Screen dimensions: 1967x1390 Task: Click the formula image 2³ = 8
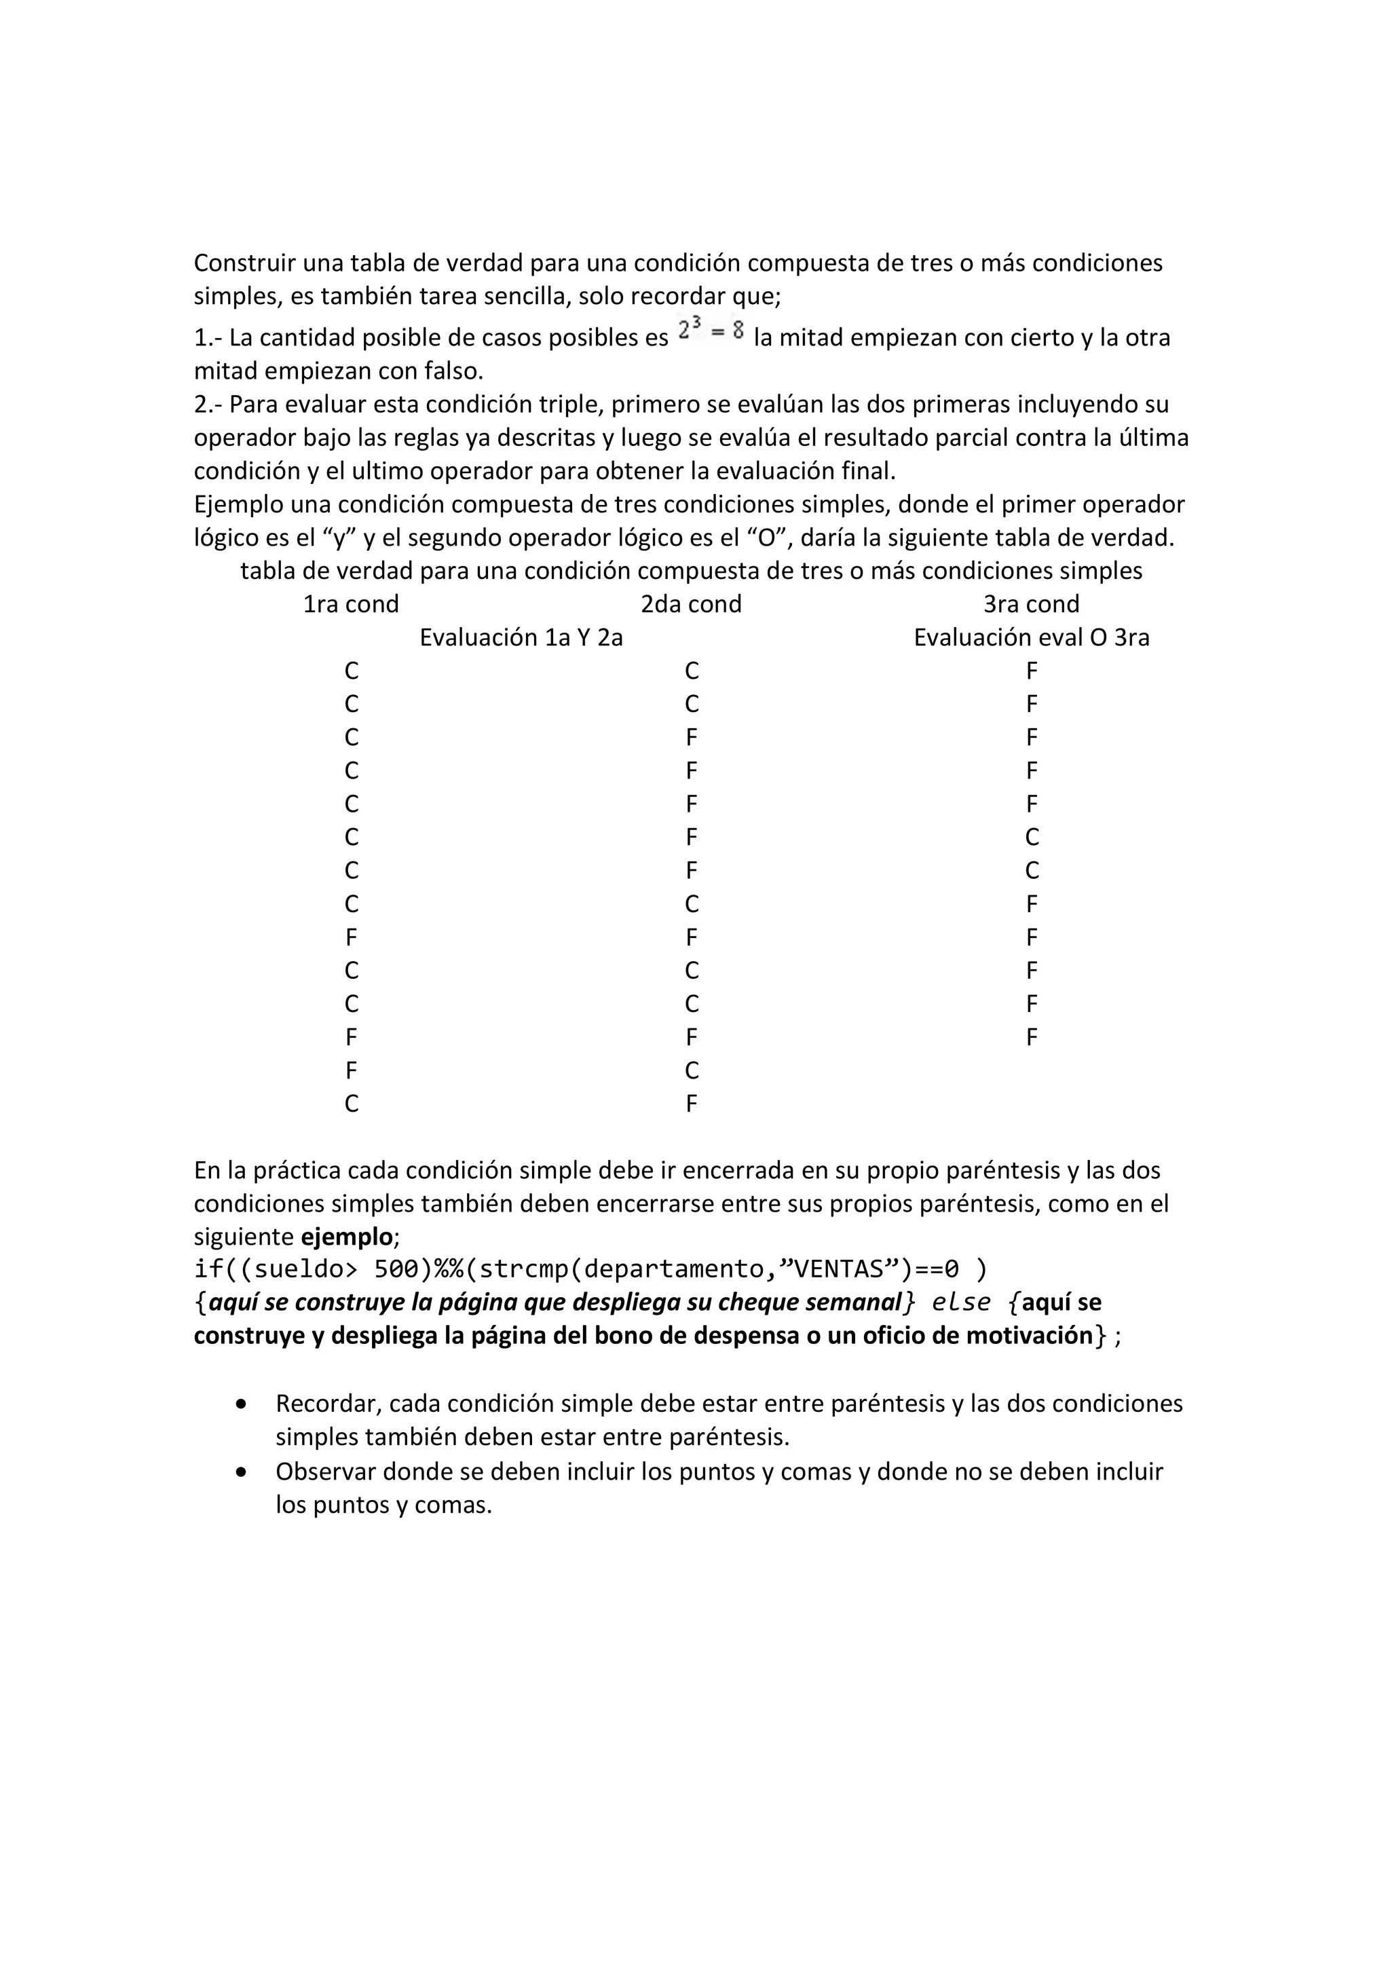(710, 330)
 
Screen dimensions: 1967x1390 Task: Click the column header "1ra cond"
(351, 604)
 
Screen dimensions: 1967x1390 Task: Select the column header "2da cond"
(691, 604)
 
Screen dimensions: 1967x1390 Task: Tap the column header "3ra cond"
(1031, 604)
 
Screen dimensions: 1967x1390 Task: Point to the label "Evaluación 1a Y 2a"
(521, 637)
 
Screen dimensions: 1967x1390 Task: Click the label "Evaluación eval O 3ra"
(1031, 637)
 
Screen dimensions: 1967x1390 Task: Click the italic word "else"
(961, 1303)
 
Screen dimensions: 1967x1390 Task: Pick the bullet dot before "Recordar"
(242, 1405)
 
